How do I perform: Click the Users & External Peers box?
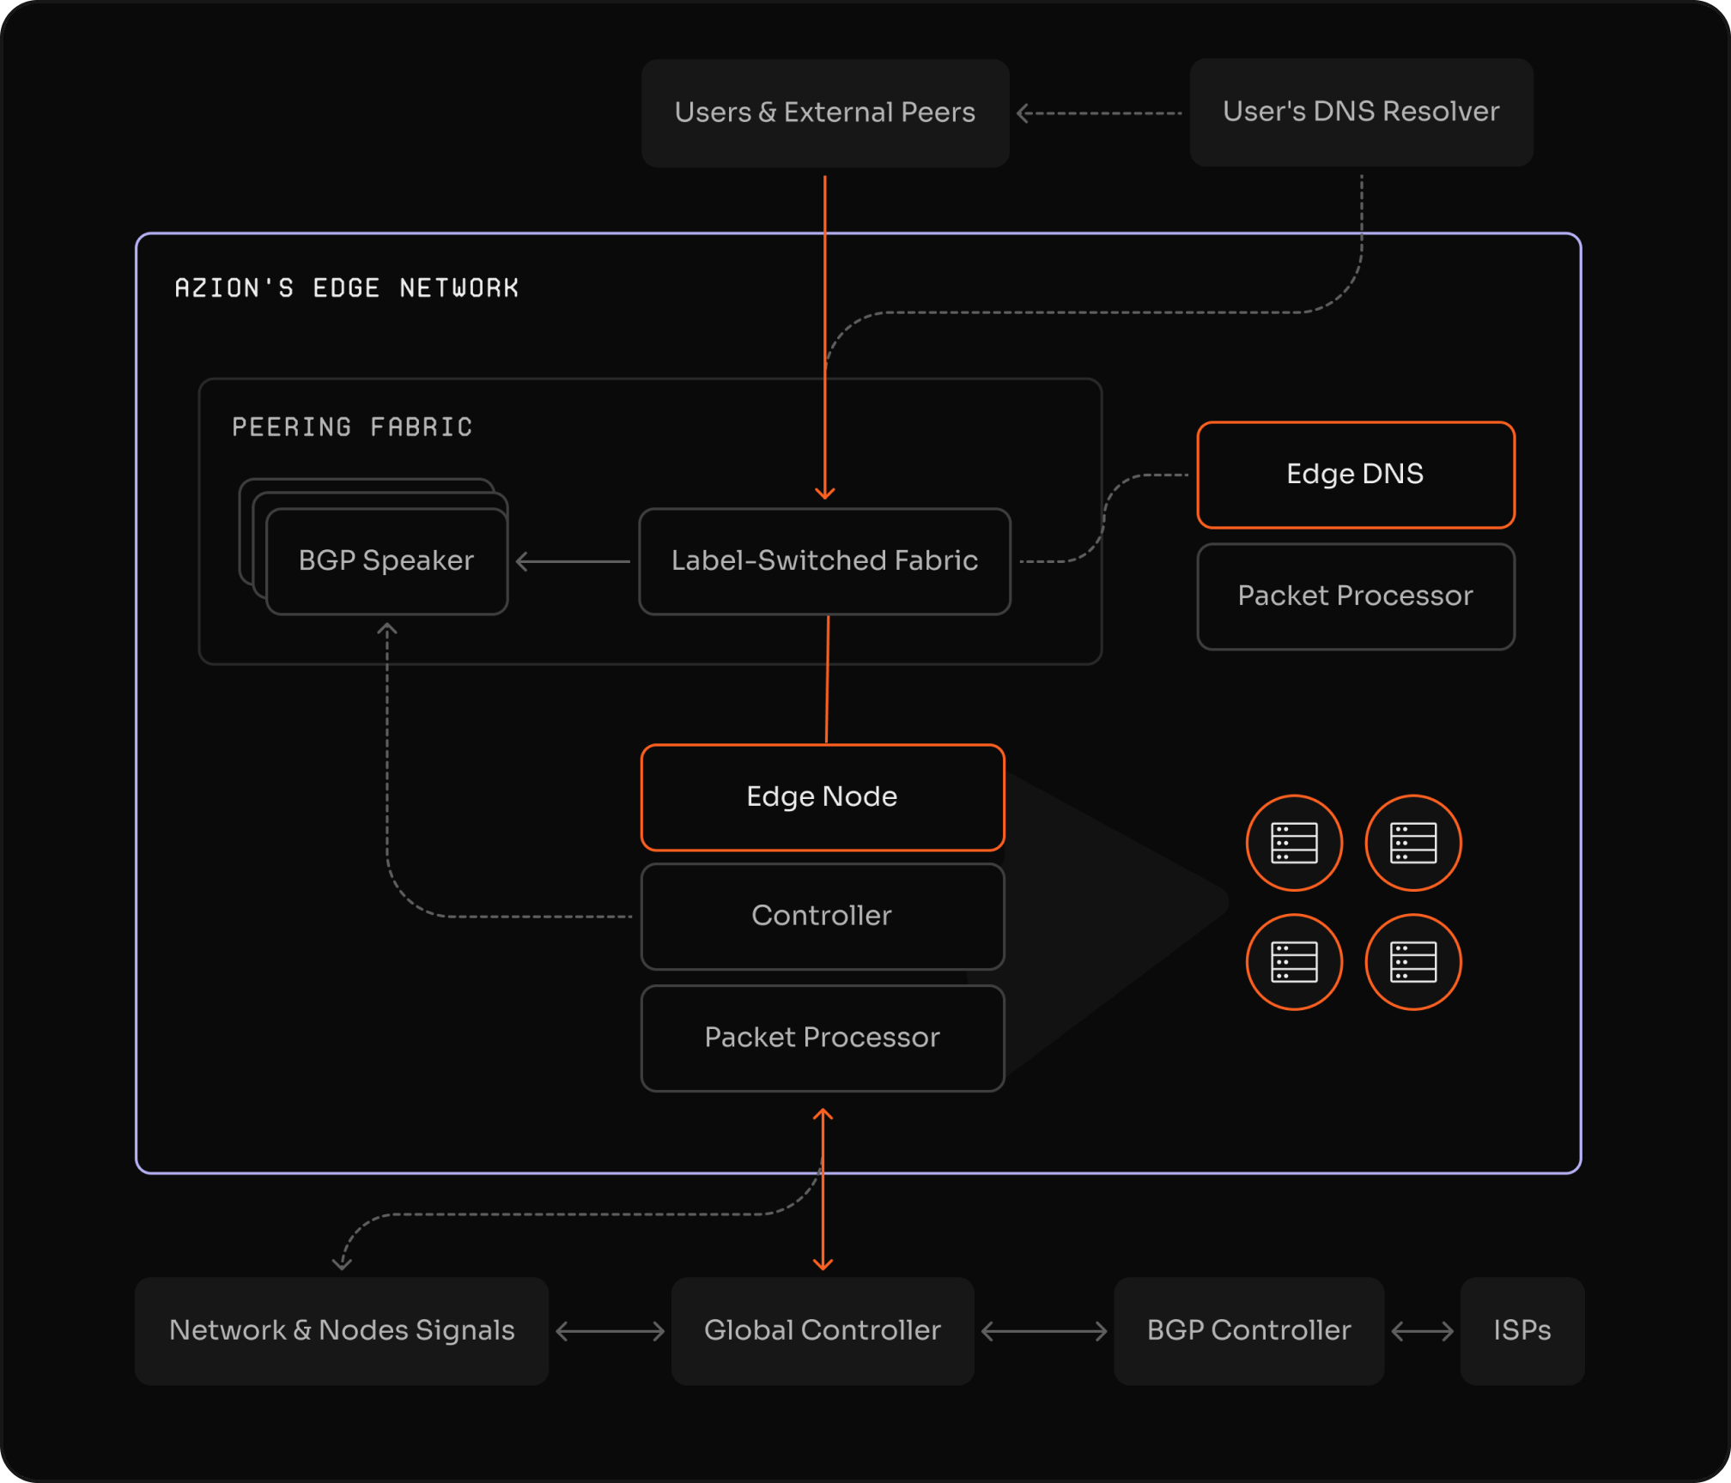(x=824, y=112)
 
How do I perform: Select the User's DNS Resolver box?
(x=1361, y=112)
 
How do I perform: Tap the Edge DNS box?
(x=1355, y=474)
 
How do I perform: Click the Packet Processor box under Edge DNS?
(x=1355, y=596)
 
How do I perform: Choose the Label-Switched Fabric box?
(x=824, y=560)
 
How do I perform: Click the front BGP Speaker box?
(x=386, y=560)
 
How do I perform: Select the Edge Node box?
(x=822, y=796)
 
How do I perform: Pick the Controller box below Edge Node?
(x=822, y=916)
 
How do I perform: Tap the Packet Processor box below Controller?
(x=822, y=1038)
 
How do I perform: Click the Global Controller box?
(x=822, y=1330)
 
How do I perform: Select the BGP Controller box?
(x=1248, y=1330)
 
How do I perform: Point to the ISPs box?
(x=1521, y=1330)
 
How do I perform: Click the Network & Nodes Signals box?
(x=342, y=1330)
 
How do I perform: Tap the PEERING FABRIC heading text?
(x=352, y=427)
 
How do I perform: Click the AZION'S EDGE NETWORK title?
(x=347, y=288)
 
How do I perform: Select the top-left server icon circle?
(x=1294, y=843)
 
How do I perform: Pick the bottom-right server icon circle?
(x=1413, y=962)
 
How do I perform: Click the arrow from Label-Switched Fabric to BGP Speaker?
(x=573, y=561)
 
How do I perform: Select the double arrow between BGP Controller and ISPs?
(x=1422, y=1331)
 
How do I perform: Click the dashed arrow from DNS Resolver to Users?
(x=1099, y=113)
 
